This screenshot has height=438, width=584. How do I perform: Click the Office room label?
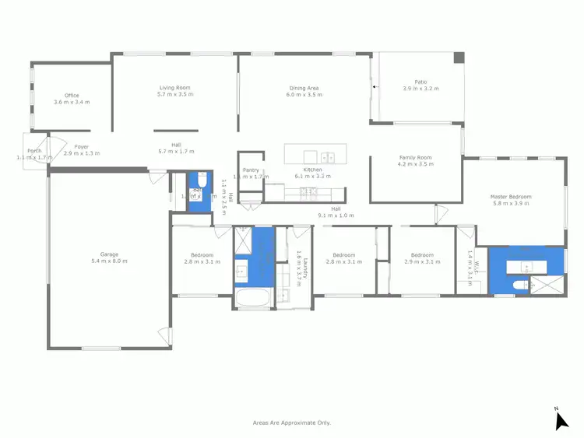(x=72, y=96)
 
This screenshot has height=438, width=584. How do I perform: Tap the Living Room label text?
(x=174, y=88)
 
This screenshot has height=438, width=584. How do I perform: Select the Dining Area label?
(x=304, y=88)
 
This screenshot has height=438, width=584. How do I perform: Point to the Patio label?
(x=420, y=82)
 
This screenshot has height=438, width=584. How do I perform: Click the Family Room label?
(x=415, y=157)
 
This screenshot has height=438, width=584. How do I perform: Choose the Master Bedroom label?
(x=510, y=197)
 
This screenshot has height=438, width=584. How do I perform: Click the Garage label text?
(x=109, y=254)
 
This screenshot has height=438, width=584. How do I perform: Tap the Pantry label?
(x=251, y=170)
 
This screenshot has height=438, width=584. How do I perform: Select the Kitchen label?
(x=312, y=170)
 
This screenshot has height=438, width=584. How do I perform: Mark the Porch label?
(x=34, y=151)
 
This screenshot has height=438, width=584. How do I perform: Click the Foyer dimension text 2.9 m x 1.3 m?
(x=82, y=153)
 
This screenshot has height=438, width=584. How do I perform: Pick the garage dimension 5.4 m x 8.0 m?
(x=109, y=261)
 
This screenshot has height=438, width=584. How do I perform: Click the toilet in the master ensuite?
(x=519, y=286)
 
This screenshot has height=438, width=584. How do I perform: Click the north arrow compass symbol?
(x=561, y=420)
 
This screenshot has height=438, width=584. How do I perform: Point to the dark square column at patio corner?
(x=459, y=58)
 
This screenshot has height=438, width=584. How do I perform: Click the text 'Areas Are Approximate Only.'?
(x=292, y=422)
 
